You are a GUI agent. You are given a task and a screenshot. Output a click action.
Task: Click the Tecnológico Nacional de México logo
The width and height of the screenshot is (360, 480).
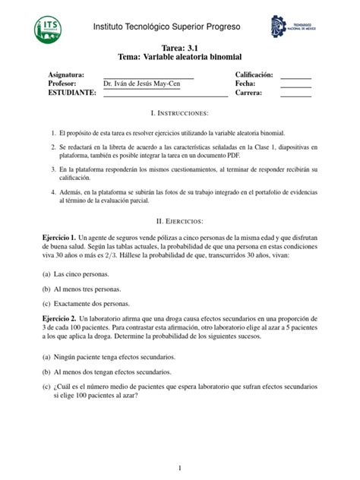coord(292,28)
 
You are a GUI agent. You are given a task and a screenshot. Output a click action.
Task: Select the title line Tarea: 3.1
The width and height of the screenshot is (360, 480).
coord(179,48)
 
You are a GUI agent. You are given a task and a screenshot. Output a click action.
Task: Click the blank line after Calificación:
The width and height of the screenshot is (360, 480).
coord(296,76)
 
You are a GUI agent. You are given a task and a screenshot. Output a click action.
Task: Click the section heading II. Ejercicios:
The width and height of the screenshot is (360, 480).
coord(180,221)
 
